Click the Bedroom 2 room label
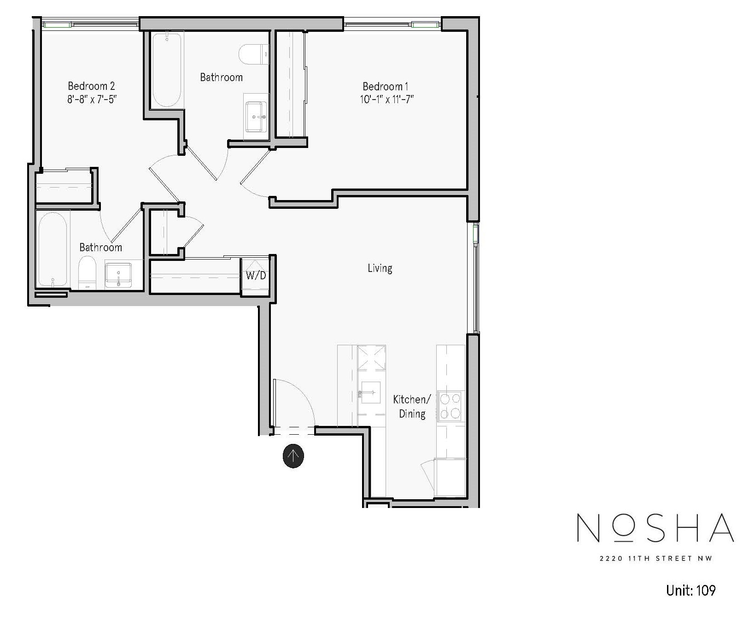(x=91, y=86)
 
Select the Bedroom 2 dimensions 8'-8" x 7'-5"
(x=91, y=99)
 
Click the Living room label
(x=380, y=268)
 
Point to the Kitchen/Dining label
(x=412, y=406)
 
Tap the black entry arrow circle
(x=293, y=456)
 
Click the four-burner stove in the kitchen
(x=450, y=406)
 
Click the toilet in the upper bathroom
(x=254, y=54)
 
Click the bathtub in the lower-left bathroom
(x=53, y=249)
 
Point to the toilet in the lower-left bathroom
(x=87, y=272)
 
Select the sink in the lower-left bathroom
(x=118, y=275)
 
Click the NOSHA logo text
(x=655, y=528)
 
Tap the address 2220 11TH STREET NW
(x=655, y=559)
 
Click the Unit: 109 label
(x=690, y=590)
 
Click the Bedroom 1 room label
(x=386, y=86)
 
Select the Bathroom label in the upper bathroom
(x=221, y=77)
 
